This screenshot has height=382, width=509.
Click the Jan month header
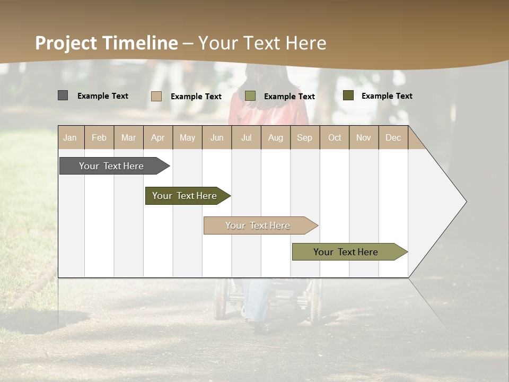point(70,137)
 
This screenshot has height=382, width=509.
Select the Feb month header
point(99,137)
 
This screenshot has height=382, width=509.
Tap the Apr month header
point(157,137)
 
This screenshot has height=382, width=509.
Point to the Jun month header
point(217,137)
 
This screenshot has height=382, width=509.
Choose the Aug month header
point(275,137)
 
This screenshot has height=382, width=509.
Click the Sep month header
point(304,137)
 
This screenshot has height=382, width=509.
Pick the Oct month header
point(335,137)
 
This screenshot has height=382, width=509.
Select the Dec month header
point(393,137)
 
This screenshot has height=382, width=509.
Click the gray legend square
point(63,95)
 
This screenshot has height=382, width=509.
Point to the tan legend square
point(156,96)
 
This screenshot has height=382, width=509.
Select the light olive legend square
point(250,96)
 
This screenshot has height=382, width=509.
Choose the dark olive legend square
point(348,95)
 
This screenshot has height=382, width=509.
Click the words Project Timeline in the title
point(107,43)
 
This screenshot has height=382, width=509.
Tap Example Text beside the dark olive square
point(387,95)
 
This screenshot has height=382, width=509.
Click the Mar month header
point(128,137)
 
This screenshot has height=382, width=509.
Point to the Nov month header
point(364,137)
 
